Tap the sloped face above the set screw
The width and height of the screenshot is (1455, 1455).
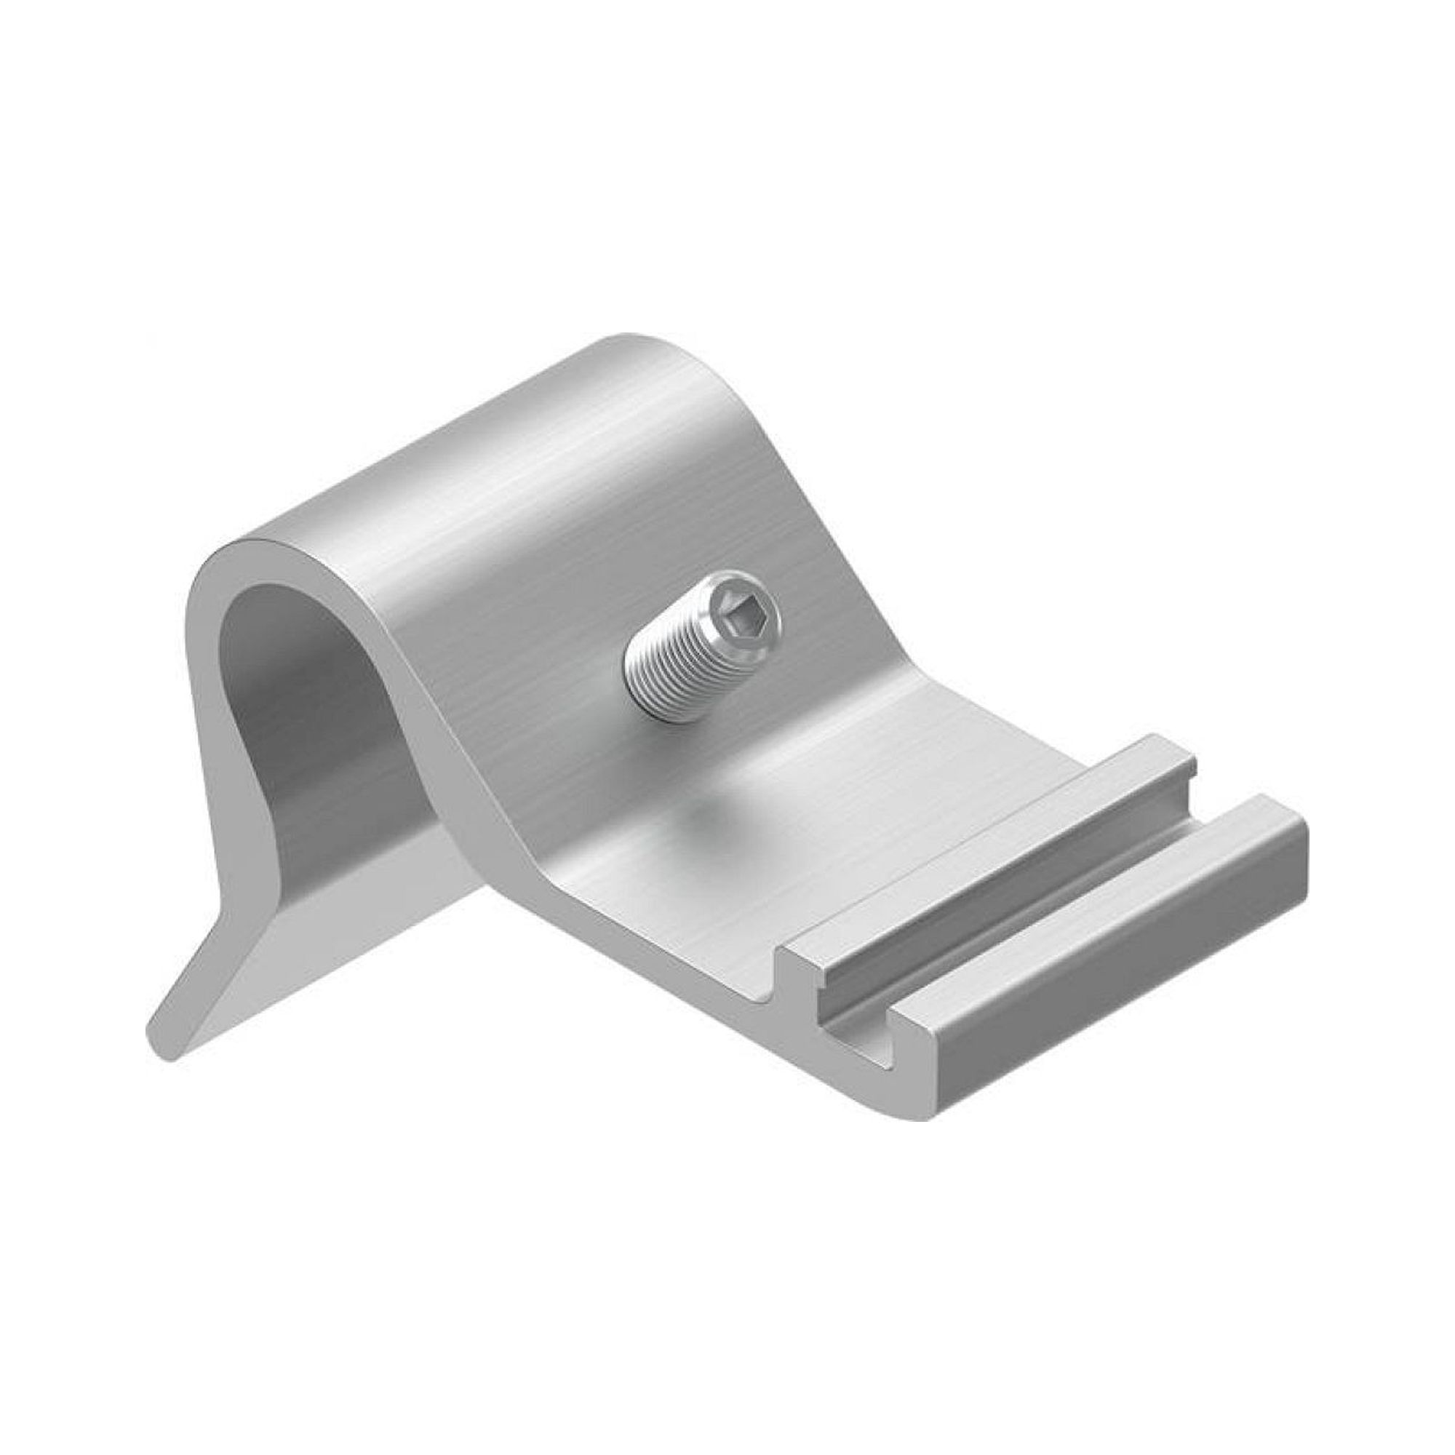coord(640,527)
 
